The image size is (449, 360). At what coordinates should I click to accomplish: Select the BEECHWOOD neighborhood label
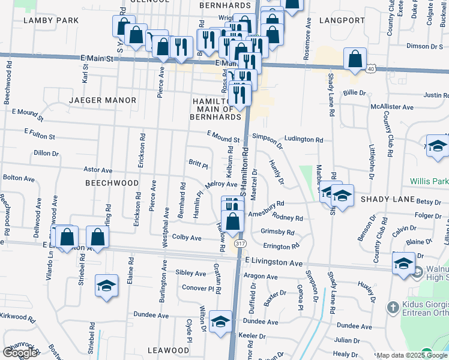112,182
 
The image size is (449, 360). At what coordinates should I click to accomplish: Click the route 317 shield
241,244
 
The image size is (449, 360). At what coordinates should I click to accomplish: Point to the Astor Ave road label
98,170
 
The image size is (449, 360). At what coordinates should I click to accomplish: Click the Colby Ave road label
187,238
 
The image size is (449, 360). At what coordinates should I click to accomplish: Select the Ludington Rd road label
304,139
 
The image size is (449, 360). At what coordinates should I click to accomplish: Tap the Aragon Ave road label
262,277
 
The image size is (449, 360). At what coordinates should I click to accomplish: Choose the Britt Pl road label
198,164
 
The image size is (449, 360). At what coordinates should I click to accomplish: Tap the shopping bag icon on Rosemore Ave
355,59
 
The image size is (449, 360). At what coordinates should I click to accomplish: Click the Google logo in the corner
20,353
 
